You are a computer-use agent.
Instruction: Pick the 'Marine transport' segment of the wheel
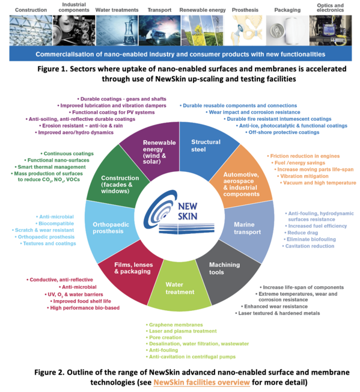[x=248, y=228]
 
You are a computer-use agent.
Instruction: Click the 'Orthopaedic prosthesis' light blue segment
[x=111, y=228]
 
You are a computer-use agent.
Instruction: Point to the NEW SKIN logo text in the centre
[x=188, y=211]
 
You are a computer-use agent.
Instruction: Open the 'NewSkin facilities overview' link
[x=201, y=382]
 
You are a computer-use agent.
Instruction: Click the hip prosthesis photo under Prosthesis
[x=245, y=30]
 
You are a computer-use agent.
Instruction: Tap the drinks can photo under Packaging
[x=287, y=30]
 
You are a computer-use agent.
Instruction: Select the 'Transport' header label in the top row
[x=159, y=10]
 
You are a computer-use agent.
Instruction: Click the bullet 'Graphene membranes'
[x=174, y=325]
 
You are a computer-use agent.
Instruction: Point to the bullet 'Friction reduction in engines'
[x=304, y=156]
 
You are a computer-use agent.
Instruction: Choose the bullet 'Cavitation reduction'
[x=308, y=246]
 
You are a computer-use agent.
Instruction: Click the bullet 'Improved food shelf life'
[x=81, y=301]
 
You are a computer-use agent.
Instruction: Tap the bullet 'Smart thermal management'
[x=50, y=167]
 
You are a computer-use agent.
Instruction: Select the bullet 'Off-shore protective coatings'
[x=282, y=132]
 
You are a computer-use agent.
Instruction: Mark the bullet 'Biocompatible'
[x=55, y=224]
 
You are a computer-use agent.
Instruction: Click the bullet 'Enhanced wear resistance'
[x=274, y=307]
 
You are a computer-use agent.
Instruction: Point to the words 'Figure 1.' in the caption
[x=52, y=69]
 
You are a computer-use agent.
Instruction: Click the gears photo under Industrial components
[x=74, y=30]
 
